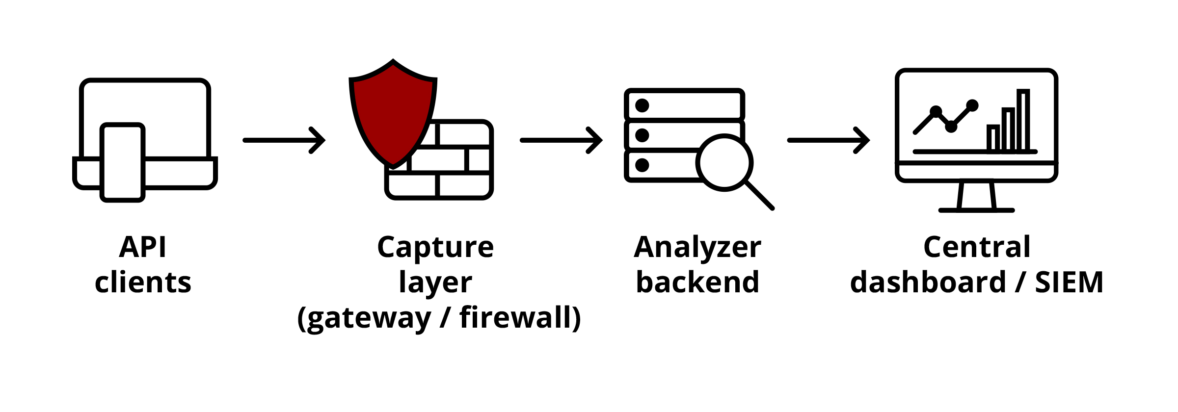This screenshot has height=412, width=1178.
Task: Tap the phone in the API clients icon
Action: click(122, 162)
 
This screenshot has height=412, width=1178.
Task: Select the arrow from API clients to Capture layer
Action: click(284, 140)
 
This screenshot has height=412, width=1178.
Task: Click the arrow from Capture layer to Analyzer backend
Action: click(561, 140)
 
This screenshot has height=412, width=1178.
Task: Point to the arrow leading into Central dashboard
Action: click(829, 140)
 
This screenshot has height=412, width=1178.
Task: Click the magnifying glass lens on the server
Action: click(724, 162)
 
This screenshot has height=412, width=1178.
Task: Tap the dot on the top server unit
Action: click(642, 105)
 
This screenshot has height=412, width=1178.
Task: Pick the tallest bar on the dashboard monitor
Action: click(1023, 120)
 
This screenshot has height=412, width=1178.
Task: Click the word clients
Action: click(143, 283)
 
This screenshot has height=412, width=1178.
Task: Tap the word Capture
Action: click(435, 247)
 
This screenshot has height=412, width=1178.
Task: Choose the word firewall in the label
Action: click(520, 317)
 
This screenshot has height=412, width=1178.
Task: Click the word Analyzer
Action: click(697, 247)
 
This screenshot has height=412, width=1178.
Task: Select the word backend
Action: click(697, 283)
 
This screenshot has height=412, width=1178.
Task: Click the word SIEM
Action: click(1069, 283)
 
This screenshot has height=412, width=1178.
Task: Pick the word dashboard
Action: click(928, 283)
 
